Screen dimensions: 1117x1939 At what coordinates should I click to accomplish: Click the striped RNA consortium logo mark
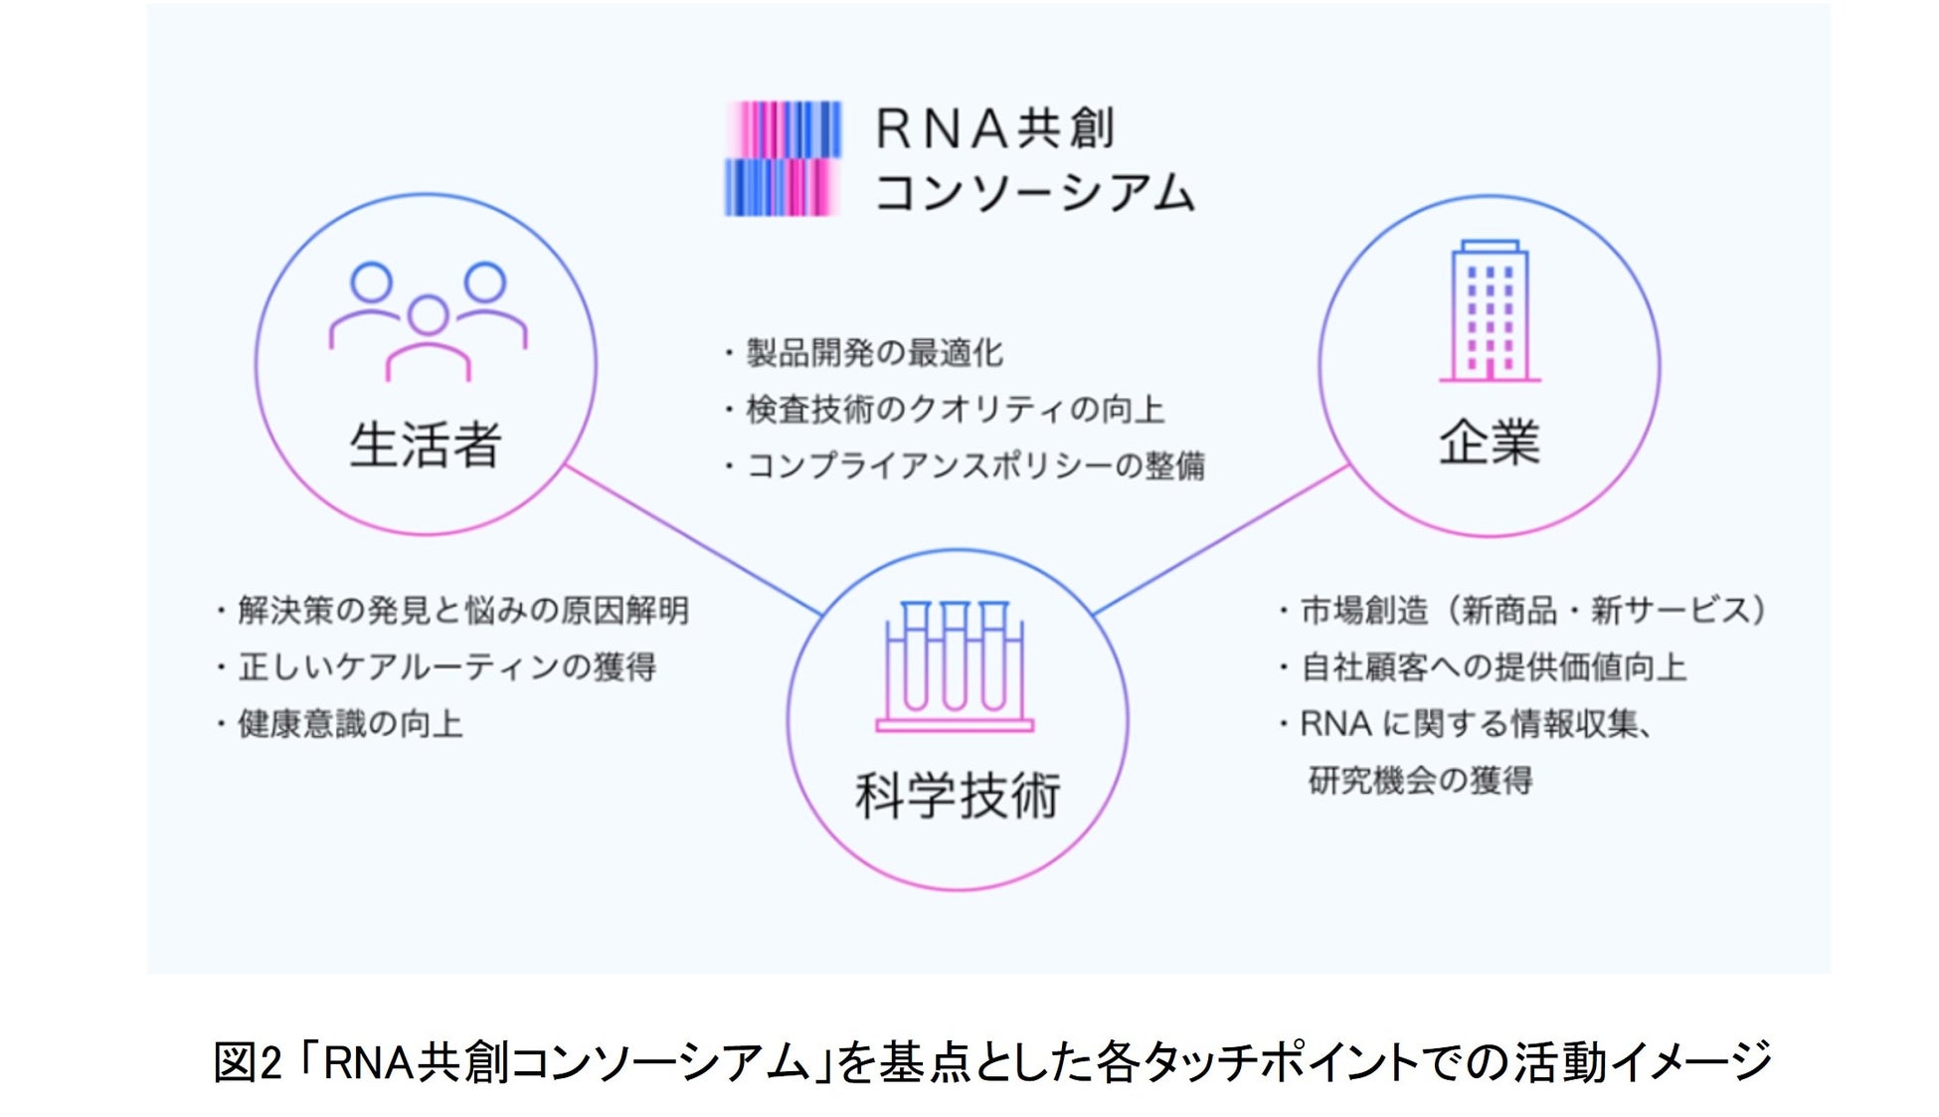pyautogui.click(x=783, y=158)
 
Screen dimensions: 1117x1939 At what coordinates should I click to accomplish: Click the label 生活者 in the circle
pyautogui.click(x=426, y=444)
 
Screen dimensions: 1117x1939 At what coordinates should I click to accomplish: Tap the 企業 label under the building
pyautogui.click(x=1489, y=442)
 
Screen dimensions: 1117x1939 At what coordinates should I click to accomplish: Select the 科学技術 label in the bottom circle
pyautogui.click(x=958, y=796)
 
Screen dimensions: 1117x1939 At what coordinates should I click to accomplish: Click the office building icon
pyautogui.click(x=1489, y=310)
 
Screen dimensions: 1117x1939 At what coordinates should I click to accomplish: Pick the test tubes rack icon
pyautogui.click(x=955, y=666)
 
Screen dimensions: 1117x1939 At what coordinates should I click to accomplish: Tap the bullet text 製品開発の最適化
pyautogui.click(x=875, y=352)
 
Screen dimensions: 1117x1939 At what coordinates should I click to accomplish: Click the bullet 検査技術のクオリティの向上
pyautogui.click(x=955, y=409)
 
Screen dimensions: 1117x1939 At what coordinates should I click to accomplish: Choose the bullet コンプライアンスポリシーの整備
pyautogui.click(x=974, y=465)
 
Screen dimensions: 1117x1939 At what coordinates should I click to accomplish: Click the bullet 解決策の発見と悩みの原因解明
pyautogui.click(x=462, y=610)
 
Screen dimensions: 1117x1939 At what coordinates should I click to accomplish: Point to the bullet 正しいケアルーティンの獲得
pyautogui.click(x=446, y=666)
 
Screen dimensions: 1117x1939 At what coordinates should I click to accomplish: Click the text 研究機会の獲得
pyautogui.click(x=1420, y=780)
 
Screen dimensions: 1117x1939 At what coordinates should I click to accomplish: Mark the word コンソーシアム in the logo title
pyautogui.click(x=1034, y=191)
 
